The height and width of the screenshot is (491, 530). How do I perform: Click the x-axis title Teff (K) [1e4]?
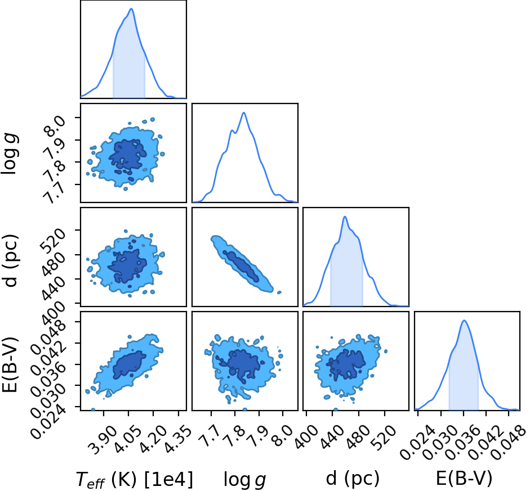pos(135,479)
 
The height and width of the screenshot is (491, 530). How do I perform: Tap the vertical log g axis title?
pos(10,154)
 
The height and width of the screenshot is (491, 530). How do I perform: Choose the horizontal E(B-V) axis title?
pos(464,478)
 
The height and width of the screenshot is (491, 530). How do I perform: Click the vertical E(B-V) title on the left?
pos(10,364)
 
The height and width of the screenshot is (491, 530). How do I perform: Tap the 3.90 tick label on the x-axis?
pos(103,435)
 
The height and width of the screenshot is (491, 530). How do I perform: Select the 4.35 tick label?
pos(177,435)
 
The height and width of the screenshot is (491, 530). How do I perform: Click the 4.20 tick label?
pos(153,435)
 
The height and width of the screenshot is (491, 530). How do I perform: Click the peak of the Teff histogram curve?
pos(131,9)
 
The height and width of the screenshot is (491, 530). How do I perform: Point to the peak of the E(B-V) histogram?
pos(465,320)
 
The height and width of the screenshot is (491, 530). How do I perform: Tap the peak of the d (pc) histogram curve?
pos(345,217)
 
